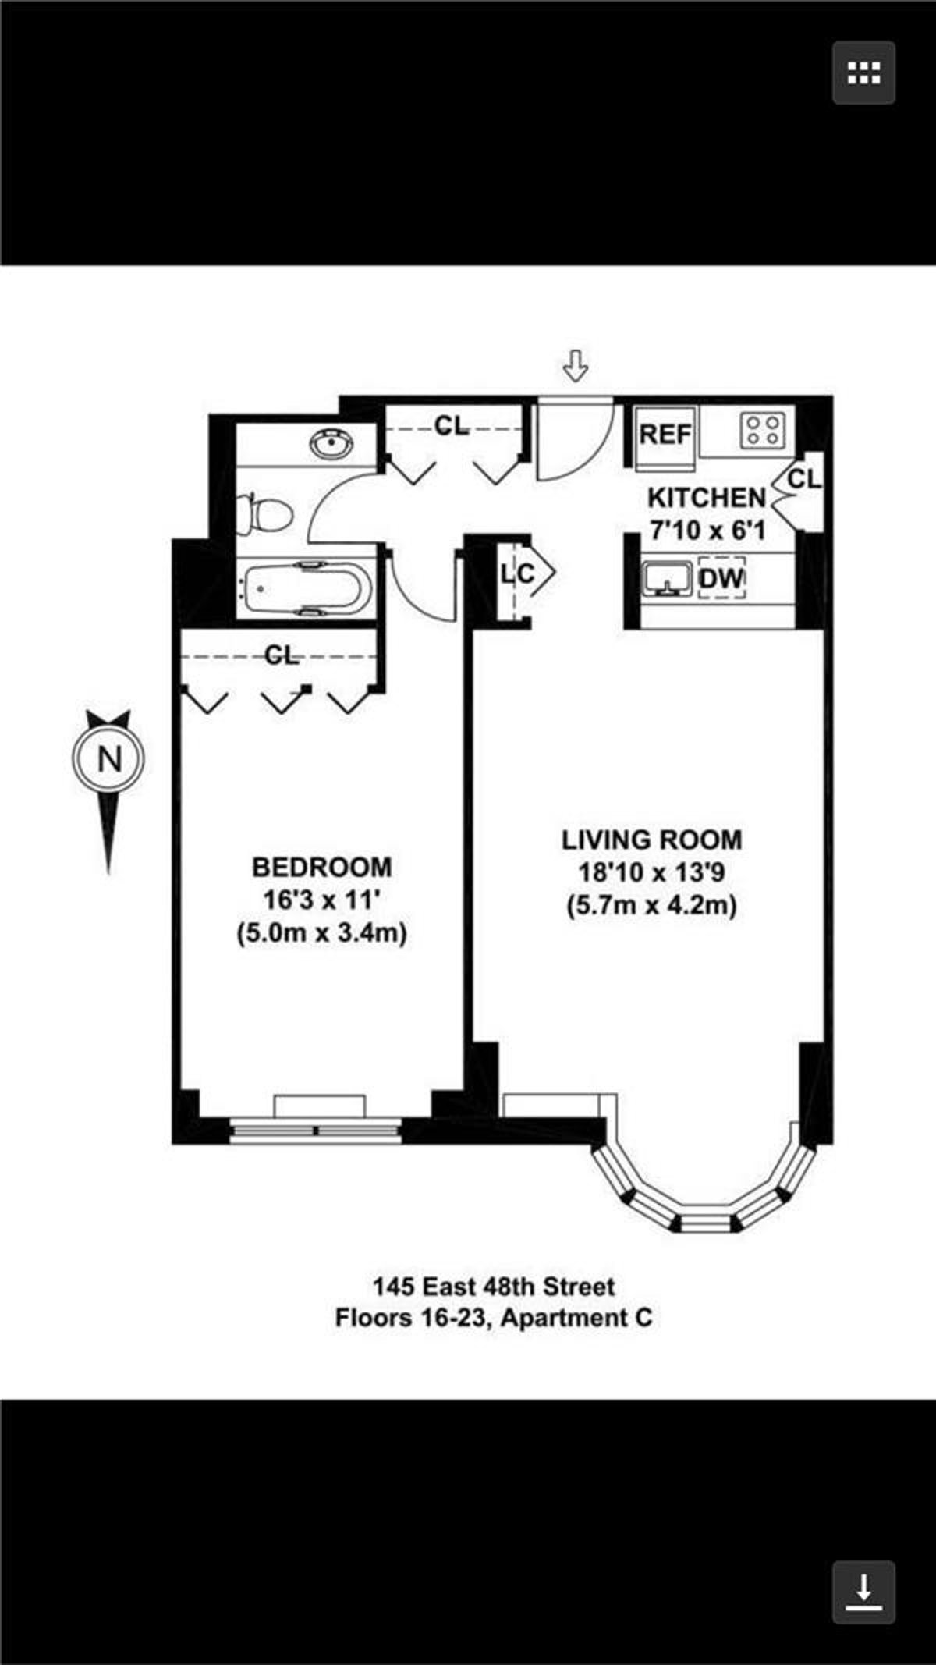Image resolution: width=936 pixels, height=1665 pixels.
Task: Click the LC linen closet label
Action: coord(518,574)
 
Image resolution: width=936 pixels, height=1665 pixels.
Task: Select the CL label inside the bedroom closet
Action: coord(282,655)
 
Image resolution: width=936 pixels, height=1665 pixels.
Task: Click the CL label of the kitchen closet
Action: coord(804,479)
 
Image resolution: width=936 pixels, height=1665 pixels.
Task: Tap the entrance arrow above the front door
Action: coord(576,365)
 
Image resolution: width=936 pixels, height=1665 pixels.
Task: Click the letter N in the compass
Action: coord(109,758)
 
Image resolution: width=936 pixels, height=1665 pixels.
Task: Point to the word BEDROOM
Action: coord(321,867)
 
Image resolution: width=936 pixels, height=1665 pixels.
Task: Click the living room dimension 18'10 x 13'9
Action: coord(651,873)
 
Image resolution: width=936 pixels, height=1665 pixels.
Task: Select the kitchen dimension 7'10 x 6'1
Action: coord(707,531)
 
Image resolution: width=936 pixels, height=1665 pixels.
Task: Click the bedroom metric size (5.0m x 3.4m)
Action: coord(321,933)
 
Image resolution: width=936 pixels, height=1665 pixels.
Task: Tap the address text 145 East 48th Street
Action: coord(494,1286)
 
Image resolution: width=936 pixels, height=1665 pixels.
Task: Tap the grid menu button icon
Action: coord(863,73)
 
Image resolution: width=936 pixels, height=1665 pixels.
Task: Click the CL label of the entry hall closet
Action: coord(452,426)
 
